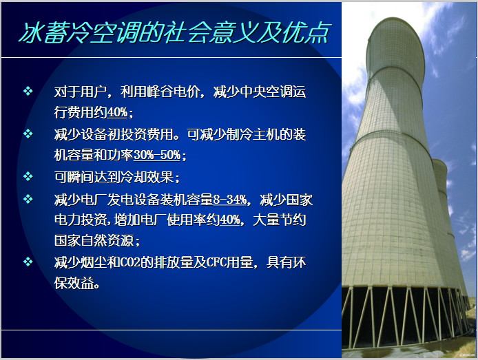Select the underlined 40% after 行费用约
pyautogui.click(x=117, y=112)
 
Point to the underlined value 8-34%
pyautogui.click(x=230, y=200)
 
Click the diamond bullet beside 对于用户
pyautogui.click(x=28, y=91)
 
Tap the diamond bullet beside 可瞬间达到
pyautogui.click(x=28, y=176)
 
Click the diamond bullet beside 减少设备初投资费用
pyautogui.click(x=28, y=134)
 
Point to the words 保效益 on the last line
pyautogui.click(x=77, y=282)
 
